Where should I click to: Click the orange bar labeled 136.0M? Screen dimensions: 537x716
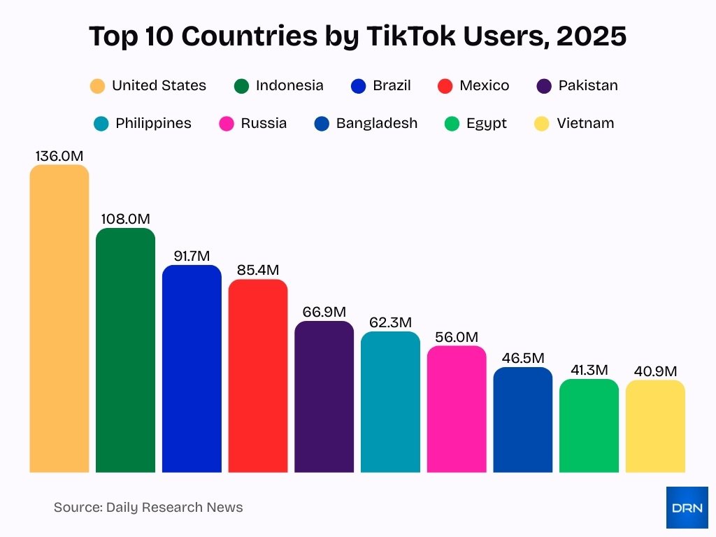tap(59, 319)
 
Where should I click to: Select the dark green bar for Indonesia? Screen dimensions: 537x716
tap(125, 350)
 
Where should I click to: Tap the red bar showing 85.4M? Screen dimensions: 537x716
tap(258, 376)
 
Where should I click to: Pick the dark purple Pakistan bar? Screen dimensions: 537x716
tap(324, 397)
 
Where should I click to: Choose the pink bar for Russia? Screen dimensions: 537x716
tap(457, 409)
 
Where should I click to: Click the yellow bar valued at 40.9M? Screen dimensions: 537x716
tap(655, 427)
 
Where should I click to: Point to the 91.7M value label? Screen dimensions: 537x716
tap(192, 256)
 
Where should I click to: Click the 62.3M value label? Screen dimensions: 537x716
tap(390, 322)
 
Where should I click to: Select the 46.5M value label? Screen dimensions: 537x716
tap(522, 358)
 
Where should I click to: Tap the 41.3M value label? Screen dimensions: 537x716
tap(589, 370)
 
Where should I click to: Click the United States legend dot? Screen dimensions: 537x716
tap(97, 86)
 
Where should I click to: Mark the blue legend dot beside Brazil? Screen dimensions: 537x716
tap(358, 86)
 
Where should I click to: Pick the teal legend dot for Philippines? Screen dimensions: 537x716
tap(101, 124)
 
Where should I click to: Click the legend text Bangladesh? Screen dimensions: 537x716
tap(376, 124)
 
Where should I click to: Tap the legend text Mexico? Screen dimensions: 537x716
tap(484, 86)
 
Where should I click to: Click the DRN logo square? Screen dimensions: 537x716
tap(687, 508)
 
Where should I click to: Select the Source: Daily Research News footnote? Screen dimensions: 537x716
tap(148, 508)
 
